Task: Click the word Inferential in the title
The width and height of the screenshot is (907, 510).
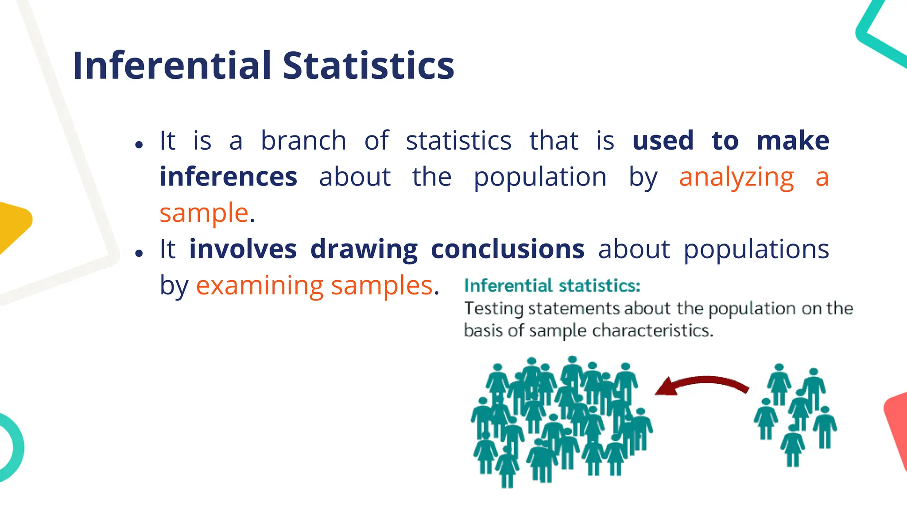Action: (172, 66)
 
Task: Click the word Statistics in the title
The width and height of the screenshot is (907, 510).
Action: (368, 66)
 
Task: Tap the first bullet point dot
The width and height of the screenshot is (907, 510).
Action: (139, 145)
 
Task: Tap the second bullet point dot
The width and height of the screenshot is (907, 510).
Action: (139, 253)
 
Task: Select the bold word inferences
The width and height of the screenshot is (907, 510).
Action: (228, 177)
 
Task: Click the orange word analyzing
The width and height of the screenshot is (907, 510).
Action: (736, 178)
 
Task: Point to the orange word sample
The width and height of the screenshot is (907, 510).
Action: (204, 213)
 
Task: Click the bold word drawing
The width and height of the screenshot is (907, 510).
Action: (364, 250)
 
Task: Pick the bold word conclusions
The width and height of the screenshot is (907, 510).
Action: (508, 249)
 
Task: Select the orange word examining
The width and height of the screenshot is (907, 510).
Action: (260, 286)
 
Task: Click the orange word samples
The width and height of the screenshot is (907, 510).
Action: (382, 286)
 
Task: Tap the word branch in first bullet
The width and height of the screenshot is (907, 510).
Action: (303, 141)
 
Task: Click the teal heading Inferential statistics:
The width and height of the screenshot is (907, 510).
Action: (552, 286)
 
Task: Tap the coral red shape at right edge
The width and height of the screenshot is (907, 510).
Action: (897, 425)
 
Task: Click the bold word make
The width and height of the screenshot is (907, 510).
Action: (793, 141)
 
